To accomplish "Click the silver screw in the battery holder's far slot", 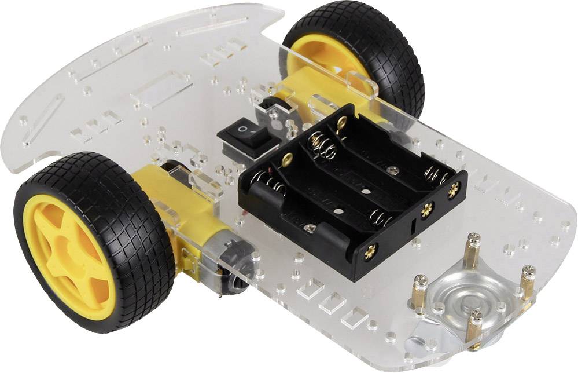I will tap(393, 170).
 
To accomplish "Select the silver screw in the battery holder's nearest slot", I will tap(311, 228).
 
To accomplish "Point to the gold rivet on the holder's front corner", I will tap(371, 250).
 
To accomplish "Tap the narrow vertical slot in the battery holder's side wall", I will tap(412, 228).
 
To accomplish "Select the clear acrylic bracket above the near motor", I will tap(205, 184).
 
